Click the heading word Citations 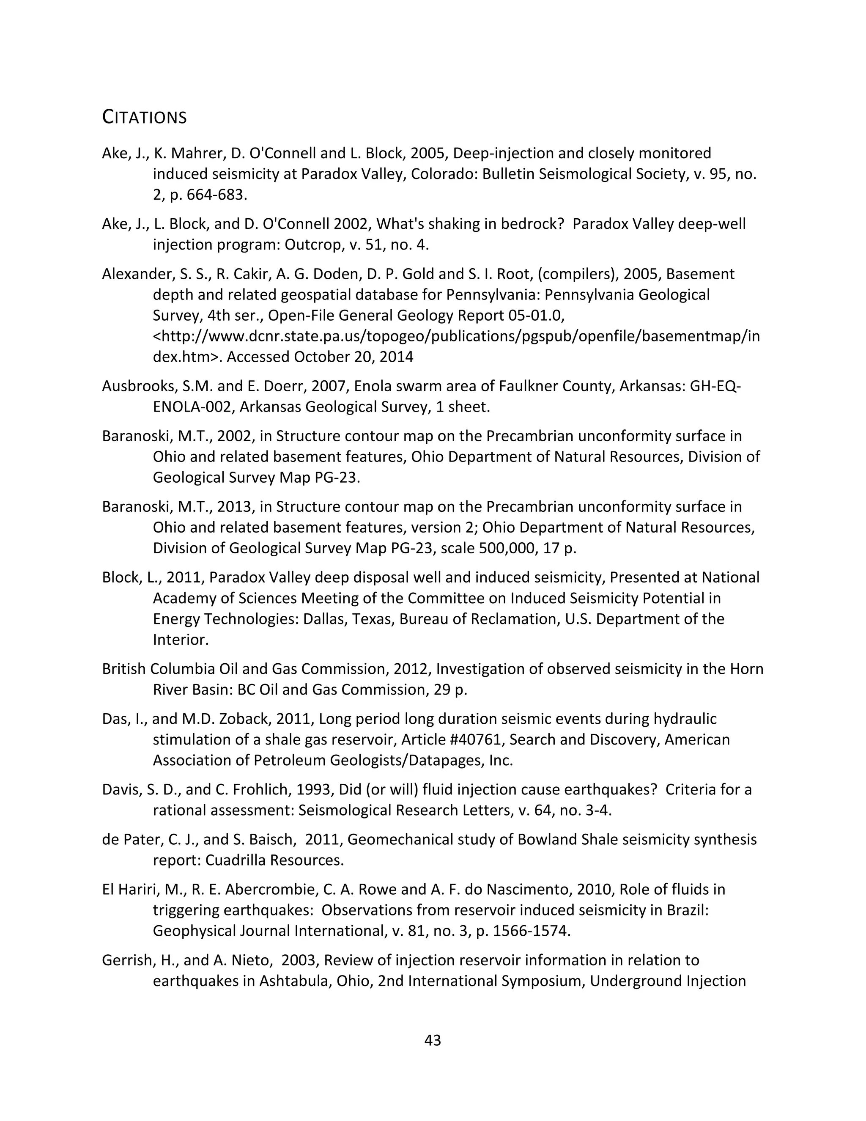click(144, 118)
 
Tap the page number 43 click(433, 1041)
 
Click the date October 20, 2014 click(354, 357)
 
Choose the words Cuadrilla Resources click(274, 860)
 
